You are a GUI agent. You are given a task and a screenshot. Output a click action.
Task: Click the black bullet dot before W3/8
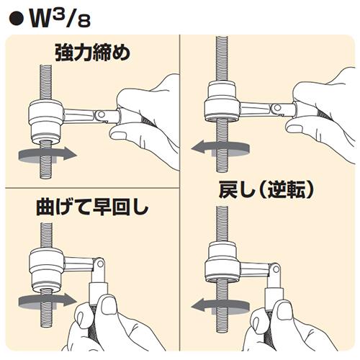(x=17, y=20)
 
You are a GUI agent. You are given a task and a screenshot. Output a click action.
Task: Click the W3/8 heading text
(x=60, y=19)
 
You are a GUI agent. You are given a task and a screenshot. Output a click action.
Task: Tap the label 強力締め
(x=92, y=53)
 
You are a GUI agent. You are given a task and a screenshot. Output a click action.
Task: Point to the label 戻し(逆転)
(x=266, y=189)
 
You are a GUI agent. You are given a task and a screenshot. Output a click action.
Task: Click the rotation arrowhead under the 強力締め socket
(x=69, y=154)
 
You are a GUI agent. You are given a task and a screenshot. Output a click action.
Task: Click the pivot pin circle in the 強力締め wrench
(x=102, y=114)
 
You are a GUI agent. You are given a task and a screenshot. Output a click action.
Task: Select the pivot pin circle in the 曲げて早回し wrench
(x=100, y=264)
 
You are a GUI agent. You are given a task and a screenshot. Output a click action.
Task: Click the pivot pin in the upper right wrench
(x=277, y=108)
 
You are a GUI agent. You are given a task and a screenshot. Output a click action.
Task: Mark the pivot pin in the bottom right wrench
(x=276, y=270)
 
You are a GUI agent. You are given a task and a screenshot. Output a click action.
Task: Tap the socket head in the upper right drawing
(x=222, y=102)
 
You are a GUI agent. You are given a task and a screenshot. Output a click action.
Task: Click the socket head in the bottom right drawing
(x=222, y=262)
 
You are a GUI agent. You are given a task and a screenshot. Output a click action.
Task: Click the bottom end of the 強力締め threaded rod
(x=46, y=178)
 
